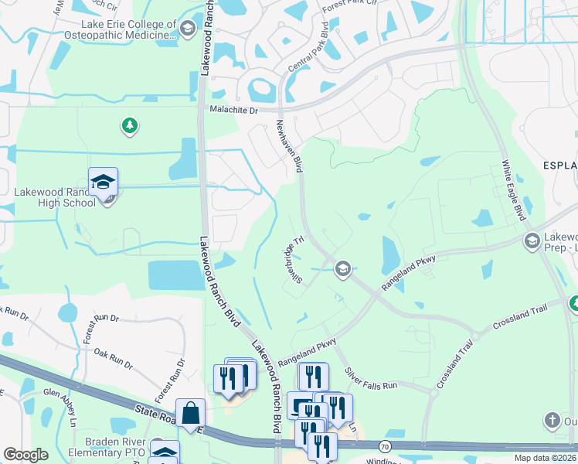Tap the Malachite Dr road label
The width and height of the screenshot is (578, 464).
point(234,110)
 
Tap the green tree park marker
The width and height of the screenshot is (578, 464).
point(130,125)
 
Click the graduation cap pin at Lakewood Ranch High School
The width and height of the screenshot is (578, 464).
point(103,182)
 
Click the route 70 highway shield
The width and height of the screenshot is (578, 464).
point(384,446)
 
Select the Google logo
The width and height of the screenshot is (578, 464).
point(25,455)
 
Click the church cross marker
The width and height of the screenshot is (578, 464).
point(551,421)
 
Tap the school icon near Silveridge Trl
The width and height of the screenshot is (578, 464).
point(342,269)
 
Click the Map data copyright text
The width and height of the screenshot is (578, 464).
point(542,458)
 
